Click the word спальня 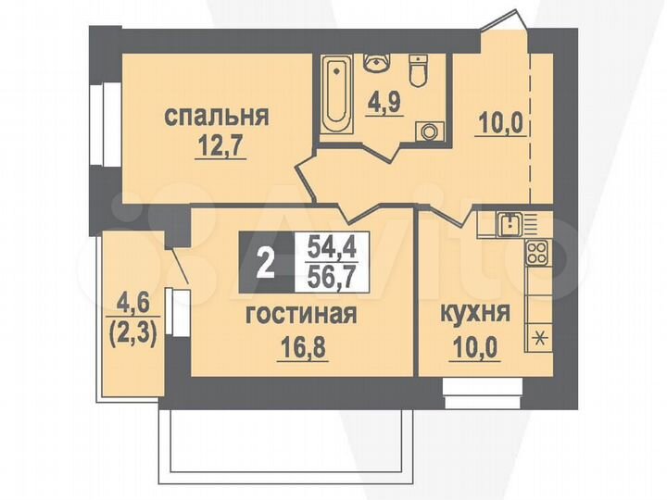pos(217,117)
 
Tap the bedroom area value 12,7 pos(219,145)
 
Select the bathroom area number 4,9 pos(383,99)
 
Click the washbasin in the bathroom pos(378,63)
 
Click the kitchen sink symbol pos(509,221)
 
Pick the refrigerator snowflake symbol pos(537,337)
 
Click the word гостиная pos(301,315)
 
